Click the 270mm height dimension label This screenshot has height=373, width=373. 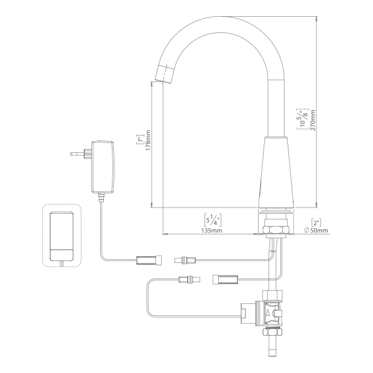pos(313,120)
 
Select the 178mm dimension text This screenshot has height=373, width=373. pos(148,140)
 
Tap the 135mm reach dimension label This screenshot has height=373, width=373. pos(212,230)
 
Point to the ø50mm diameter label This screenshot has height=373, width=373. pos(316,230)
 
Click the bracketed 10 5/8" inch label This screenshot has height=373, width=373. pos(303,119)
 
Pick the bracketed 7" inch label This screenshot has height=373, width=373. pos(140,139)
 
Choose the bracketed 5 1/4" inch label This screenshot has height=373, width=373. pos(213,220)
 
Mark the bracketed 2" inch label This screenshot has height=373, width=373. pos(316,223)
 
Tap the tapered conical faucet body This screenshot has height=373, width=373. pos(276,172)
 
